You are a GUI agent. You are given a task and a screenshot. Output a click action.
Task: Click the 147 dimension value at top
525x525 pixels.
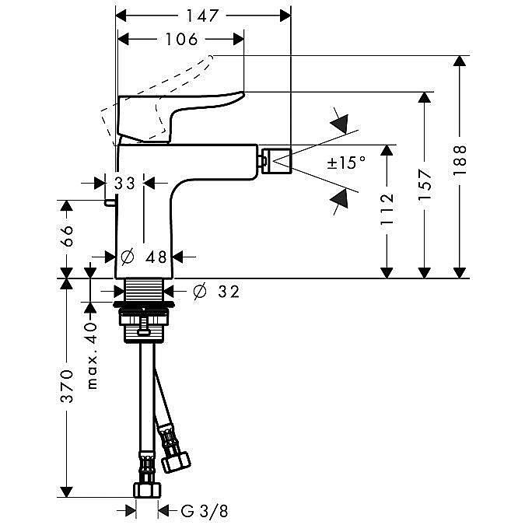coord(202,15)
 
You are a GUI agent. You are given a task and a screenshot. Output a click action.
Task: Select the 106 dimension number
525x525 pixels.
coord(180,39)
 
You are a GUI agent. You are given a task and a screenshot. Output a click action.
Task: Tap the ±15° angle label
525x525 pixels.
coord(345,163)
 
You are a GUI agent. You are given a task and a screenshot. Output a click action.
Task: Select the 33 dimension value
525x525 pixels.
coord(124,184)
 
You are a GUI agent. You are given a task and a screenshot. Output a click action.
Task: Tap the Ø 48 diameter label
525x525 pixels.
coord(145,257)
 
